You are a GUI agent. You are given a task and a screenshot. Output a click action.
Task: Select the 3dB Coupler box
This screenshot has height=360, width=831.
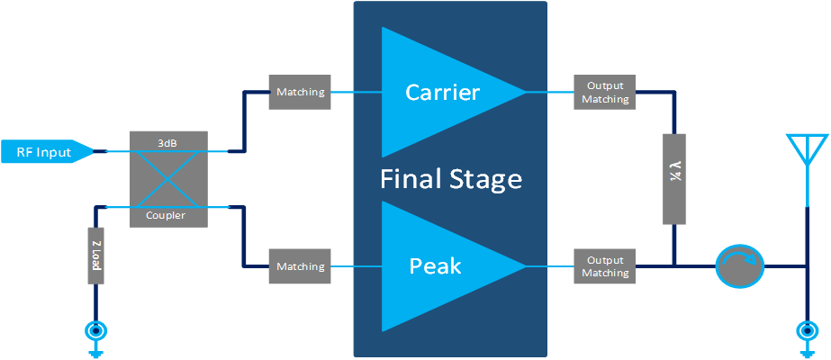pyautogui.click(x=168, y=179)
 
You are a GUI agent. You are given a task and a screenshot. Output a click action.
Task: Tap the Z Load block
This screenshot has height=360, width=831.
pyautogui.click(x=95, y=256)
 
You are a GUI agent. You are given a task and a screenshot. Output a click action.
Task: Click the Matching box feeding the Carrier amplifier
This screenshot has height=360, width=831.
pyautogui.click(x=300, y=92)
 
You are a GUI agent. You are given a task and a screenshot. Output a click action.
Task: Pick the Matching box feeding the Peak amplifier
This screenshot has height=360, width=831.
pyautogui.click(x=300, y=266)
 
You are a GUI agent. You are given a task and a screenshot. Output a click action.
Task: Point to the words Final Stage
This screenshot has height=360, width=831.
pyautogui.click(x=450, y=179)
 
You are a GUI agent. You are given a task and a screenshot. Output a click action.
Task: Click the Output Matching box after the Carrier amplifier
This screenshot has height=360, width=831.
pyautogui.click(x=604, y=92)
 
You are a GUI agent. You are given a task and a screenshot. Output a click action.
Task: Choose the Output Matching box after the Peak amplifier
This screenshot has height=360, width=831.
pyautogui.click(x=604, y=266)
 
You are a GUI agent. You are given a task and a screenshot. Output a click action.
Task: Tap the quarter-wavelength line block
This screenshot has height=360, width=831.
pyautogui.click(x=674, y=179)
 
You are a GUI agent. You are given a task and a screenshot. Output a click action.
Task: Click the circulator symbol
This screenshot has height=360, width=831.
pyautogui.click(x=739, y=266)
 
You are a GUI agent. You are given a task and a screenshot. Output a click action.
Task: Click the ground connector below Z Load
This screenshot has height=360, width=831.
pyautogui.click(x=95, y=331)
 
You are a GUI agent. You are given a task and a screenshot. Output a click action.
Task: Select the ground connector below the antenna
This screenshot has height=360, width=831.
pyautogui.click(x=808, y=331)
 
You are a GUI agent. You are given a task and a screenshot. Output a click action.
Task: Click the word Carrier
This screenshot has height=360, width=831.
pyautogui.click(x=443, y=92)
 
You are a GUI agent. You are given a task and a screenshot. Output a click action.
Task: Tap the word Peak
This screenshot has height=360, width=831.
pyautogui.click(x=435, y=266)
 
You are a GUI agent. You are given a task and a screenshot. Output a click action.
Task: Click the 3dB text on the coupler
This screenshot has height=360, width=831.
pyautogui.click(x=168, y=142)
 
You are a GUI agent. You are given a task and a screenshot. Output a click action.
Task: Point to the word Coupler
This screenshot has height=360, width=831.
pyautogui.click(x=168, y=216)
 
